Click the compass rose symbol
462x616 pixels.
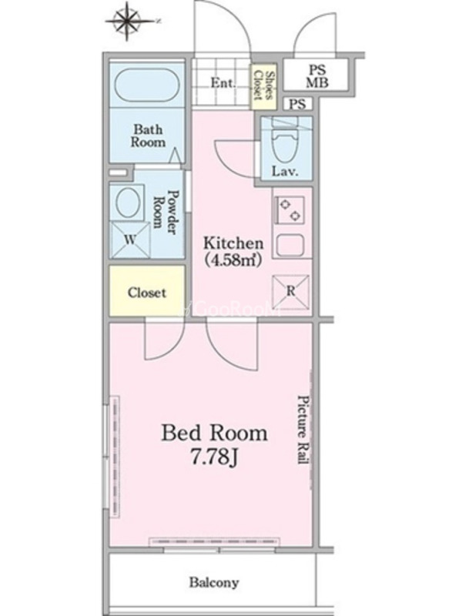127,22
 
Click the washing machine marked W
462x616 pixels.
130,239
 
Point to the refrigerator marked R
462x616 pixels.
291,292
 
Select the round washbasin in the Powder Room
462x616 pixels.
127,203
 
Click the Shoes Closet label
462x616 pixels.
264,85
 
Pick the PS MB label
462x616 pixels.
317,76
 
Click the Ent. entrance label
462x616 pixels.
223,83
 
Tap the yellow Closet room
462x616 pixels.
147,291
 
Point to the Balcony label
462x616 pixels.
214,582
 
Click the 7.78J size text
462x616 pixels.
215,457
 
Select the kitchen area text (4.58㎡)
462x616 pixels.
233,259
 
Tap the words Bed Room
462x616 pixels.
215,433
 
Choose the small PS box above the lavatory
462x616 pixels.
297,104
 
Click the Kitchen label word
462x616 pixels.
233,243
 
